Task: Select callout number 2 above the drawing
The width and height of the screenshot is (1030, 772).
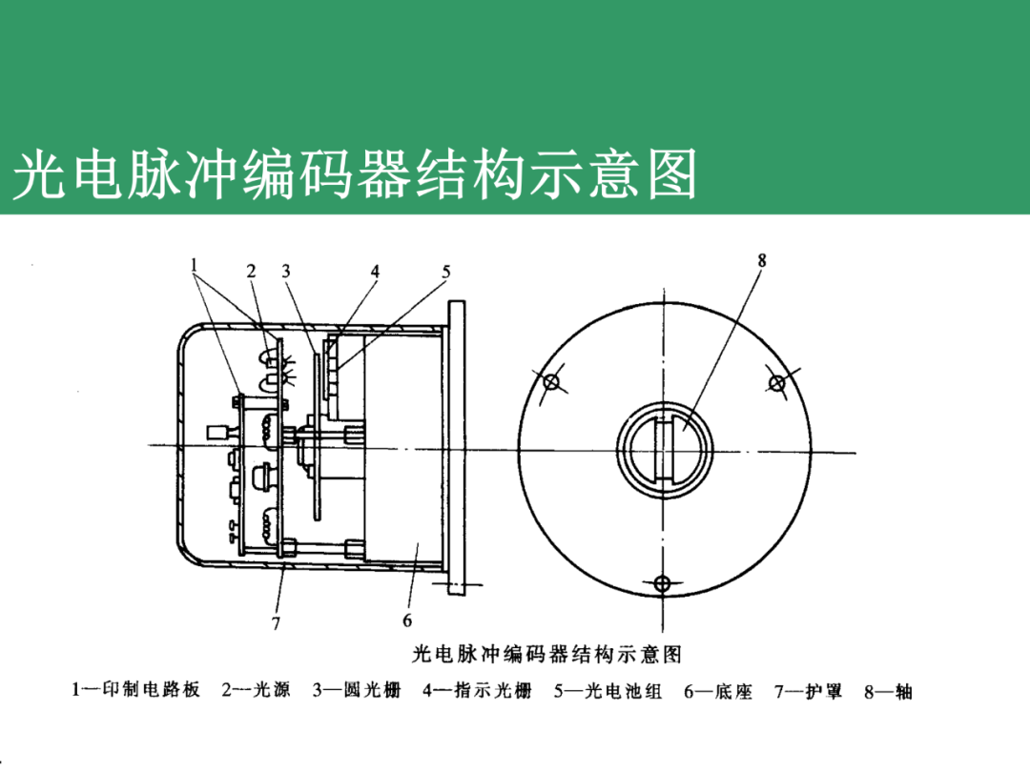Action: [252, 271]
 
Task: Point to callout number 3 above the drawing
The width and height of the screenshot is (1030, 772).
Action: [285, 271]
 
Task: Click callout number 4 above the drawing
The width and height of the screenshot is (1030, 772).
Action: [376, 271]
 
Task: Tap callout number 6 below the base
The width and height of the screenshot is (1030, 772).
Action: [407, 620]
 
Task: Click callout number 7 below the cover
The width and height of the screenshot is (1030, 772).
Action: [276, 623]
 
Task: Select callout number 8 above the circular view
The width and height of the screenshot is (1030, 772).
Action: [762, 259]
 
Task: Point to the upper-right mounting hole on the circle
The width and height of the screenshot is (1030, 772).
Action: [777, 382]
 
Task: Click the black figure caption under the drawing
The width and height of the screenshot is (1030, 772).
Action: [546, 655]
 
